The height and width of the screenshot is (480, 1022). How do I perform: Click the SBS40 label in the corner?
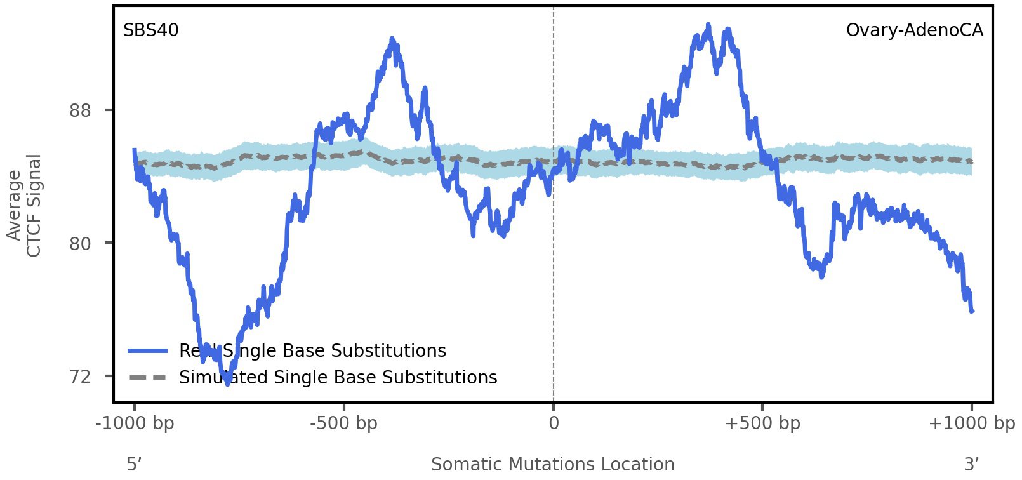pos(151,30)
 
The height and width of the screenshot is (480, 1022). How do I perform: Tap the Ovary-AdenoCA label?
pos(914,30)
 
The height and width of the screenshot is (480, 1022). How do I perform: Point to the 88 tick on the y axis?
pos(80,110)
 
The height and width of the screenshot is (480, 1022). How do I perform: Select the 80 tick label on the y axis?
pos(80,243)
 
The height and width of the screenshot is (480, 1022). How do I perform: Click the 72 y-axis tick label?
pos(80,377)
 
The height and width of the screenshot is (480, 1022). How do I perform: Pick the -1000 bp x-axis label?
pos(135,423)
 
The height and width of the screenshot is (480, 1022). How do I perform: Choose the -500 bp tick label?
pos(343,423)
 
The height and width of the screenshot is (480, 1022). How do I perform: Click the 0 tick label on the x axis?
pos(554,423)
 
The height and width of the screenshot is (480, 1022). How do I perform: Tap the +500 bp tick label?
pos(762,423)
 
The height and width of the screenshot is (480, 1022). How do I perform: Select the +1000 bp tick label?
pos(971,423)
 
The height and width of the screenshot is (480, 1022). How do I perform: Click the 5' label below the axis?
pos(134,464)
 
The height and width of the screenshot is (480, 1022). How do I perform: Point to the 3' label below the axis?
pos(971,464)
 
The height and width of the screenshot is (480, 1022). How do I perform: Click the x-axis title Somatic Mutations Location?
pos(552,464)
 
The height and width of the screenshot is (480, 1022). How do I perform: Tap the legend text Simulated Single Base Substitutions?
pos(338,377)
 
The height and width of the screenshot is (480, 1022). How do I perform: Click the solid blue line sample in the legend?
pos(147,351)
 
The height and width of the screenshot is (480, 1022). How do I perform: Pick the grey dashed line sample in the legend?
pos(147,378)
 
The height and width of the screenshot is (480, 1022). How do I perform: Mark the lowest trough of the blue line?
pos(227,383)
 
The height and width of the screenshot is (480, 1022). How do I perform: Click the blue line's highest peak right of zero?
pos(708,25)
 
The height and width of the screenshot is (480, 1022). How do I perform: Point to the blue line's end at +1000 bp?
pos(971,310)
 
